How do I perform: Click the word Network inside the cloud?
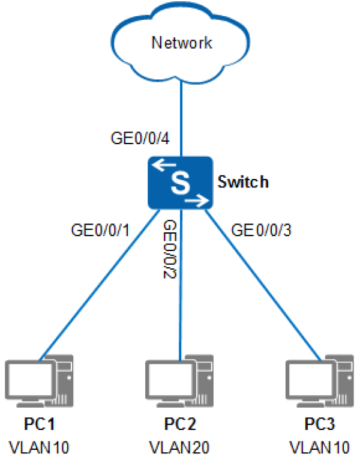[182, 43]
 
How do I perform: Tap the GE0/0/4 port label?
[140, 138]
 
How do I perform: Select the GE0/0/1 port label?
[100, 230]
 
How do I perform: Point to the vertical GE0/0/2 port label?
[170, 249]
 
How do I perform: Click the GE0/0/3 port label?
[261, 230]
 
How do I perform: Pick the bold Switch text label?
[243, 181]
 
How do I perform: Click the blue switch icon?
[181, 183]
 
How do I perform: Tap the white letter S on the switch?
[181, 183]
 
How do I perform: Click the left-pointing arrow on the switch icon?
[164, 165]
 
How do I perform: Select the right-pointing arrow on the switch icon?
[197, 201]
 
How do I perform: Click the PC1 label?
[39, 423]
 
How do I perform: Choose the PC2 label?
[180, 423]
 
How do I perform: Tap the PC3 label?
[320, 423]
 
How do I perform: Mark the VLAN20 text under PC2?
[179, 447]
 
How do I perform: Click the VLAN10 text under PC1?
[39, 447]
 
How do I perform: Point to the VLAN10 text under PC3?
[320, 447]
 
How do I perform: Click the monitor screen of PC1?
[30, 380]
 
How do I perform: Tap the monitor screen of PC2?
[170, 380]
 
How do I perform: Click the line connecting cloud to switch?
[181, 118]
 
